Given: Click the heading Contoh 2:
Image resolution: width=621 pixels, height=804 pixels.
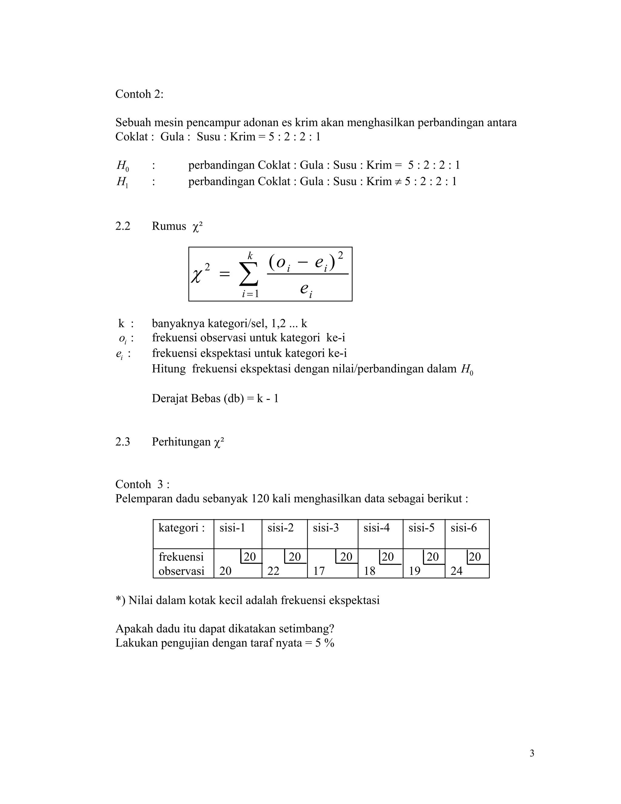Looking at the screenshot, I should point(139,94).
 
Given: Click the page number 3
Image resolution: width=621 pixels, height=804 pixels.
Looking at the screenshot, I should point(532,754).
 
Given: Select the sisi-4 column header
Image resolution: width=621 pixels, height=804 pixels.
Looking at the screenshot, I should point(376,528).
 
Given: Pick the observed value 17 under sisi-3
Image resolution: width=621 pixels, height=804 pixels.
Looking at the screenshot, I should point(319,571).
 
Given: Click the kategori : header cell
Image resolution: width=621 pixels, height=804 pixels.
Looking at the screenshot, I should point(181,528).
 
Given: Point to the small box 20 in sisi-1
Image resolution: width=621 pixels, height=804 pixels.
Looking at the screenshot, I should point(250,557).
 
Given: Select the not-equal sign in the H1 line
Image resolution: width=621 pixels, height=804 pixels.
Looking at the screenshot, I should point(398,181).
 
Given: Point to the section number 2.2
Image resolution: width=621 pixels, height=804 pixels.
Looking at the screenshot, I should point(123,226).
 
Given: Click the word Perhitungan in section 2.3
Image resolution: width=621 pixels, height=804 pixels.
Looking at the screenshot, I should point(181,442).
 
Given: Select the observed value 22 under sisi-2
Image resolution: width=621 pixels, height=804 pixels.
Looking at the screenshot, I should point(273,571).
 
